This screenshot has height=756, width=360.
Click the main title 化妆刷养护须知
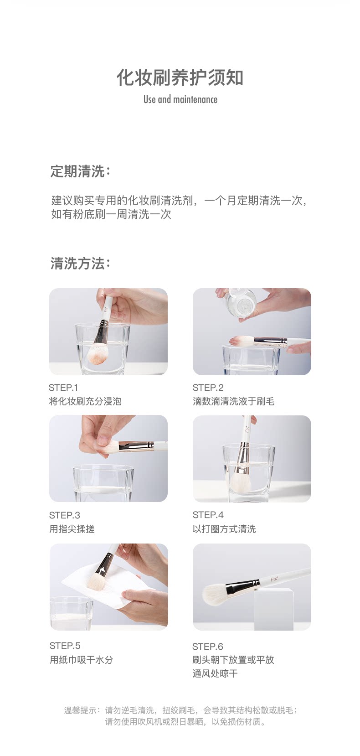pos(180,78)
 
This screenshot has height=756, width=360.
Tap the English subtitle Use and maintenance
pos(180,99)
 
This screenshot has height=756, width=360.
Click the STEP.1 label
pos(63,388)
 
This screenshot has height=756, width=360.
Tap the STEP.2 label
pos(208,388)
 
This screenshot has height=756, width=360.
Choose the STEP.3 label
pos(64,515)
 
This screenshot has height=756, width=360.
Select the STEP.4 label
pos(208,515)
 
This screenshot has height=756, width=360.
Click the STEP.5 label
pos(65,646)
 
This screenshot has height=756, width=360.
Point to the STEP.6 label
pos(208,646)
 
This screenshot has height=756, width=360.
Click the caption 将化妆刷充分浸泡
pos(85,401)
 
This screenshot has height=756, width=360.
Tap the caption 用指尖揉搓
pos(72,529)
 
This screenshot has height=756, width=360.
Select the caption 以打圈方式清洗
pos(224,529)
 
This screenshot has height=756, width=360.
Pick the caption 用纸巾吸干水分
pos(81,660)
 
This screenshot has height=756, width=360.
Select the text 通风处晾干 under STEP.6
pos(215,673)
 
